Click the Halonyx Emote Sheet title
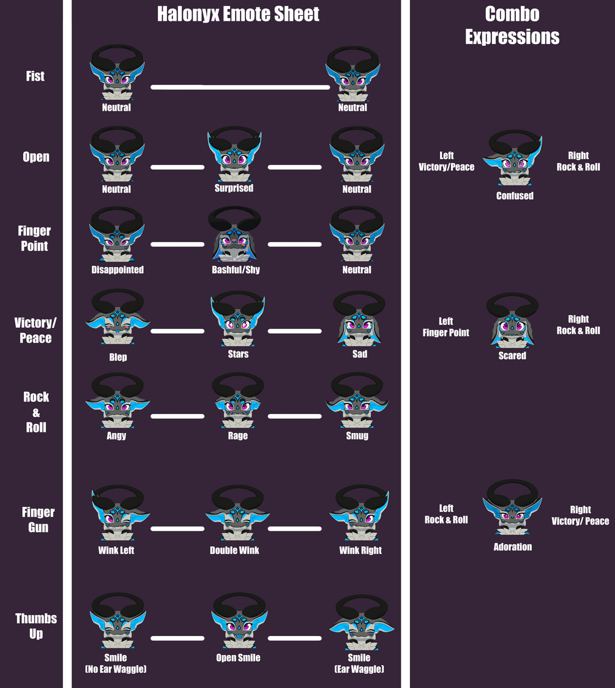238,14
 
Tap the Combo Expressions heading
512,26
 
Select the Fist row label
35,76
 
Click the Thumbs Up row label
36,626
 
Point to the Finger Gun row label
38,519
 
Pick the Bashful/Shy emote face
234,234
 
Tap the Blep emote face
117,317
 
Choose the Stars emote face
238,319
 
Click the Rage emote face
238,400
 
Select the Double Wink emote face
237,512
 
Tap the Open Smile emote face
239,621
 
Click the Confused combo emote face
513,158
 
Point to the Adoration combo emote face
512,507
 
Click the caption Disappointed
117,270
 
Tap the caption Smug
357,435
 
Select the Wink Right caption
360,550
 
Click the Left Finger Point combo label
446,327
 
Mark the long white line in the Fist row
240,87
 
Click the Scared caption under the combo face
512,355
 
